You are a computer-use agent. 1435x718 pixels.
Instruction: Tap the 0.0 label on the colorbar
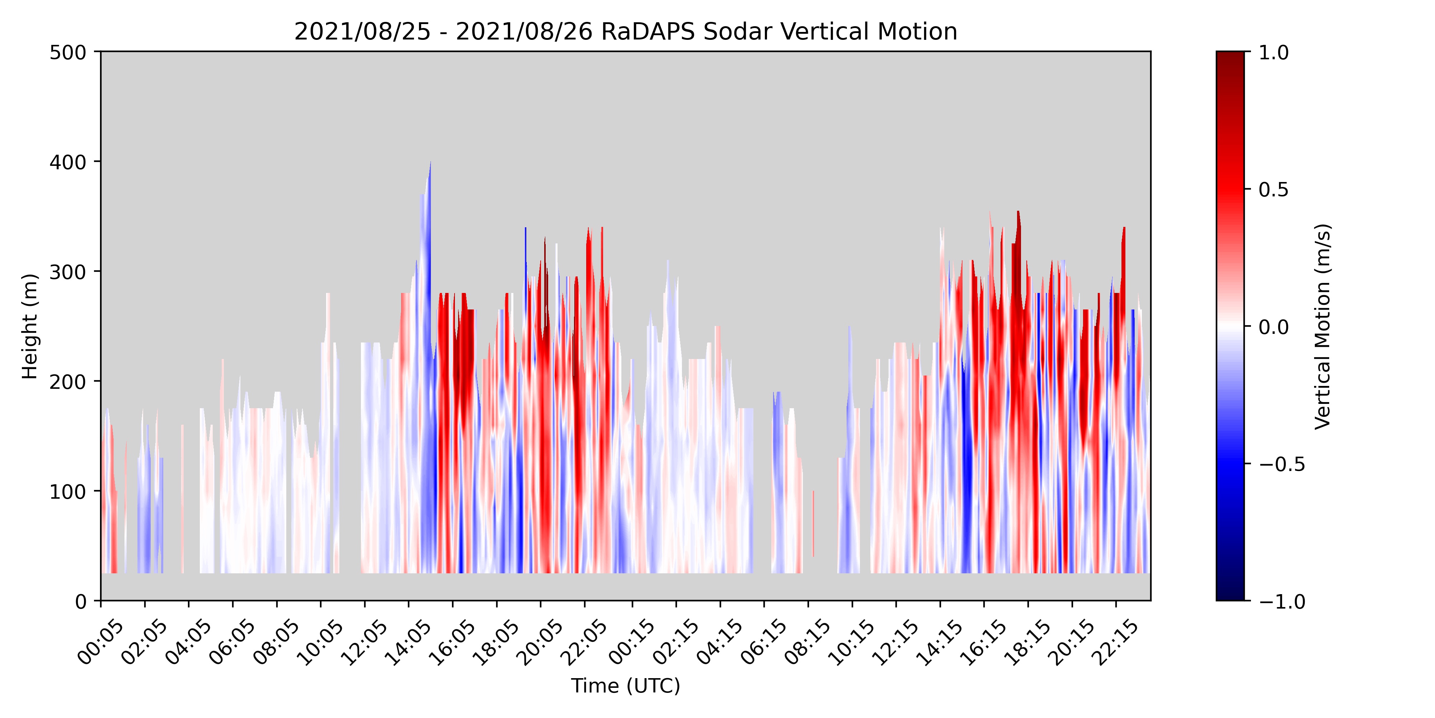pyautogui.click(x=1274, y=327)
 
